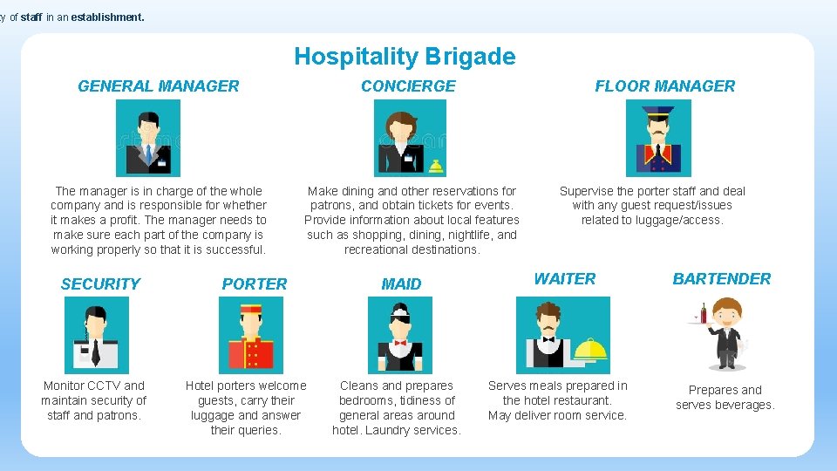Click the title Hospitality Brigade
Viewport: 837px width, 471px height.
[405, 57]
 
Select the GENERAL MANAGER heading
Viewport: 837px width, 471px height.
[158, 85]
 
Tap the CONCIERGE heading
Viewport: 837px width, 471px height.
[408, 85]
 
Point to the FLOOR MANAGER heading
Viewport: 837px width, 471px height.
[664, 85]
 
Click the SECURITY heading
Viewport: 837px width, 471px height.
[100, 283]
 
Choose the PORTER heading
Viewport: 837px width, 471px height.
[254, 283]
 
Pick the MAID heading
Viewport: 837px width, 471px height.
[401, 283]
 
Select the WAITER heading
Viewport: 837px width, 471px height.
[564, 278]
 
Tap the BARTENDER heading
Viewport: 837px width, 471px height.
[721, 278]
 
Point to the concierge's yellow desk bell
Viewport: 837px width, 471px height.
[434, 166]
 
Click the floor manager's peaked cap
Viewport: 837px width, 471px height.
[658, 113]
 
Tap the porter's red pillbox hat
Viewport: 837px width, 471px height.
[250, 310]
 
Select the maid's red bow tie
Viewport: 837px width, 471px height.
[400, 343]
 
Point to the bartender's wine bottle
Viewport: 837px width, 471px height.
[703, 313]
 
